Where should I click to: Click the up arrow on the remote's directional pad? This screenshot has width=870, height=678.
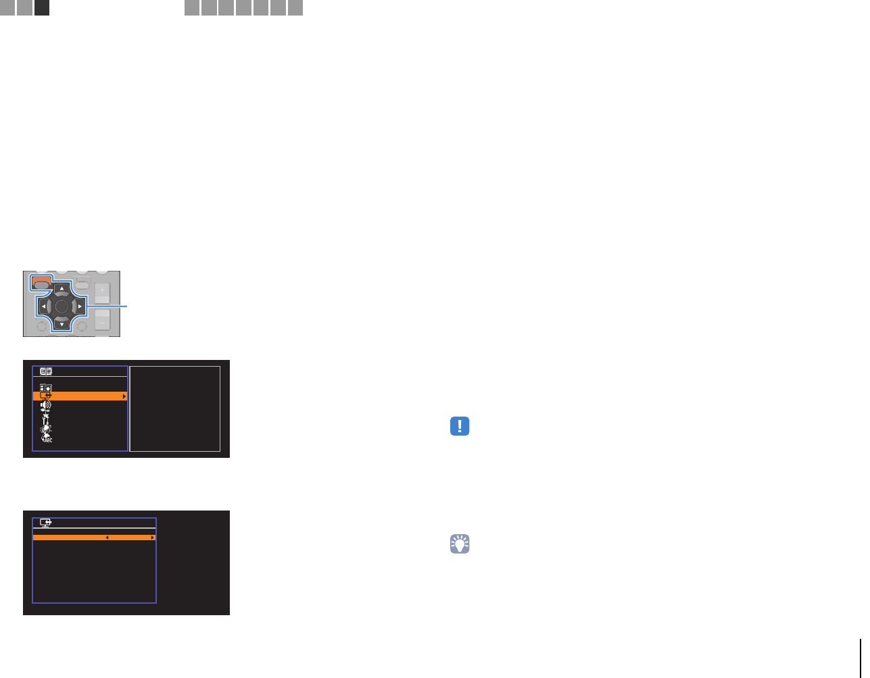62,289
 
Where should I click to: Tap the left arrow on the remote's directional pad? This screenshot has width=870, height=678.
44,307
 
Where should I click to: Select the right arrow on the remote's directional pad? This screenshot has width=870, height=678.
79,307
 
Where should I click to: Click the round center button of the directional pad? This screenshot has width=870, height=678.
62,307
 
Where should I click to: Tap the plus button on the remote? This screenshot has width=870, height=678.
102,290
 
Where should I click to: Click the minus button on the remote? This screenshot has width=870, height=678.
102,321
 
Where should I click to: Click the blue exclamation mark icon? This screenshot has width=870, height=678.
460,426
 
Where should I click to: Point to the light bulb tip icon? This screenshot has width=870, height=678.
460,544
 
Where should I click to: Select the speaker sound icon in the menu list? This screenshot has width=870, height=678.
46,405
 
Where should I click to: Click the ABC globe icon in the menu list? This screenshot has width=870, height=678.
47,438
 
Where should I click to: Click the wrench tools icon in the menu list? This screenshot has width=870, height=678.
46,418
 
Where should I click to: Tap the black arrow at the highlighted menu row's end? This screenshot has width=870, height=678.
124,396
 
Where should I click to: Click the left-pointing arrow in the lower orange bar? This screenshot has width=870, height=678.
107,538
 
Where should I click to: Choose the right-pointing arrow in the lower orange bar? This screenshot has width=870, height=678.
153,538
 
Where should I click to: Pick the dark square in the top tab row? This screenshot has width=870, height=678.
42,7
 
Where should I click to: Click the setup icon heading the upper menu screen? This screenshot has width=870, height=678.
46,371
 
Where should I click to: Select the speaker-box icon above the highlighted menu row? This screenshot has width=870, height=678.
46,388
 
